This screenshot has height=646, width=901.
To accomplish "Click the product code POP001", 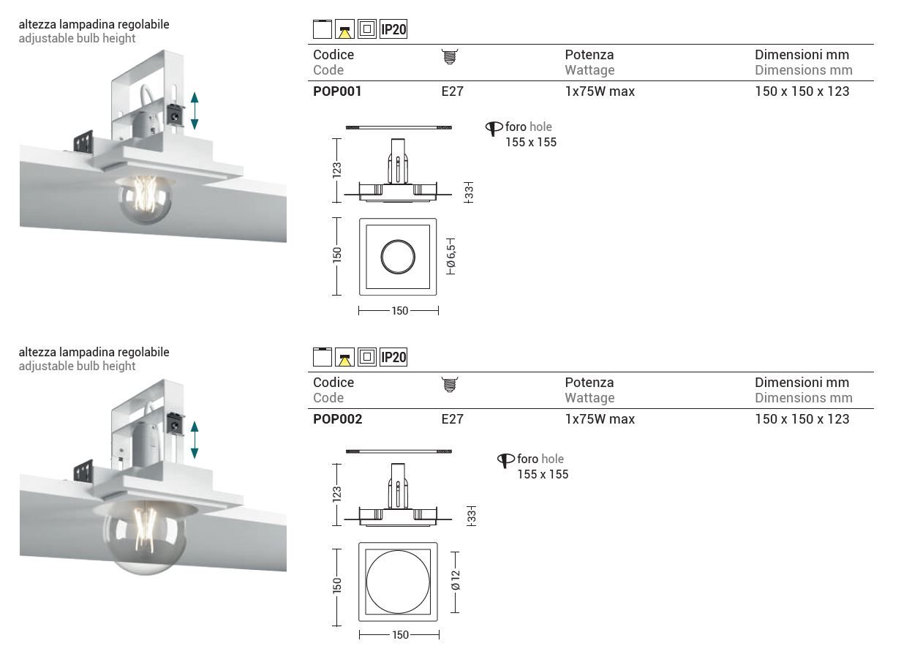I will [337, 91].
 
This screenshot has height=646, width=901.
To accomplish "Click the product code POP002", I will [337, 419].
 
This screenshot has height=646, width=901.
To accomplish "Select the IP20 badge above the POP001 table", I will [393, 30].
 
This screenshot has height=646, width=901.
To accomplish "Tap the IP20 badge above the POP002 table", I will [393, 358].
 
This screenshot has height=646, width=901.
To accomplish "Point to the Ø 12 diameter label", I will [455, 582].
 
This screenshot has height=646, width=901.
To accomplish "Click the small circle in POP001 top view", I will [398, 257].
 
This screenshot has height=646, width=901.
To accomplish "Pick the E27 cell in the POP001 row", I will [452, 91].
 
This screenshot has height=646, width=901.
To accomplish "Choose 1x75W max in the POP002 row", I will [600, 419].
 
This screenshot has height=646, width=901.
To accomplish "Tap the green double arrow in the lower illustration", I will [195, 439].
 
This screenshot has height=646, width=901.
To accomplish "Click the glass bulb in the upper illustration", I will [146, 198].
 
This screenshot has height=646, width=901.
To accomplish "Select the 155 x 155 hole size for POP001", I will [531, 142].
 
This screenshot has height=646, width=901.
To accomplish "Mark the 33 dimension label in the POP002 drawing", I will [472, 517].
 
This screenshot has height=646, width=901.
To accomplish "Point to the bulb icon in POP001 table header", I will [450, 56].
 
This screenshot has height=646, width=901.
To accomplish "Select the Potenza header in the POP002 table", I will [589, 382].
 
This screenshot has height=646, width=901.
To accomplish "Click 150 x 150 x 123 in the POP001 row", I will [802, 91].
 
